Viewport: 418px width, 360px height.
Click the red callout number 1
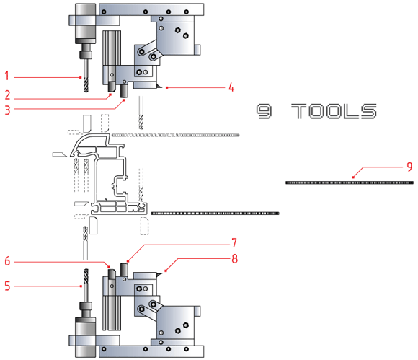click(x=7, y=76)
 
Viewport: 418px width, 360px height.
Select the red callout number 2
click(x=7, y=95)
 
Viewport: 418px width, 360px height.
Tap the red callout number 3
click(x=7, y=110)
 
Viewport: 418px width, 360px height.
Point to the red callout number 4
click(x=231, y=87)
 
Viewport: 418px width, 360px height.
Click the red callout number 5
click(x=7, y=286)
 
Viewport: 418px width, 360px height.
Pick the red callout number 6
click(x=7, y=261)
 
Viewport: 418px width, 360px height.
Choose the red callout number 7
click(x=234, y=243)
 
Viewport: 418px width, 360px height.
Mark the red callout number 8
click(x=235, y=258)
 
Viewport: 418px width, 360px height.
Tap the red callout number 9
click(x=409, y=167)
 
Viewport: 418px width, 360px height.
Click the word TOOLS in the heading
click(x=334, y=111)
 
